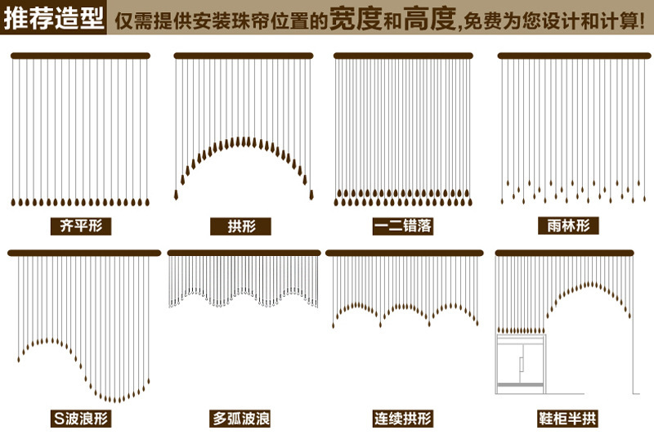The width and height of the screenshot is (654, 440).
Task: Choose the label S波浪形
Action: pyautogui.click(x=80, y=420)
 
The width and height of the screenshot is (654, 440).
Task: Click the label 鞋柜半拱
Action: pyautogui.click(x=567, y=420)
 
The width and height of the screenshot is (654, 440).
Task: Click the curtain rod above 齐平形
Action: pyautogui.click(x=80, y=56)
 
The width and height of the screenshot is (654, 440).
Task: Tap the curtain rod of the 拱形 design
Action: pyautogui.click(x=244, y=56)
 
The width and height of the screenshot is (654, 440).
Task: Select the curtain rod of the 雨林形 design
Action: pyautogui.click(x=567, y=56)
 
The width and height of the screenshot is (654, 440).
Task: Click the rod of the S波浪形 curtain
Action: pyautogui.click(x=84, y=253)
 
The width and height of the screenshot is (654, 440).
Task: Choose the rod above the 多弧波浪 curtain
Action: pyautogui.click(x=244, y=253)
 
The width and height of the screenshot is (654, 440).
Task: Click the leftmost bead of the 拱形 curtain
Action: pyautogui.click(x=177, y=195)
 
